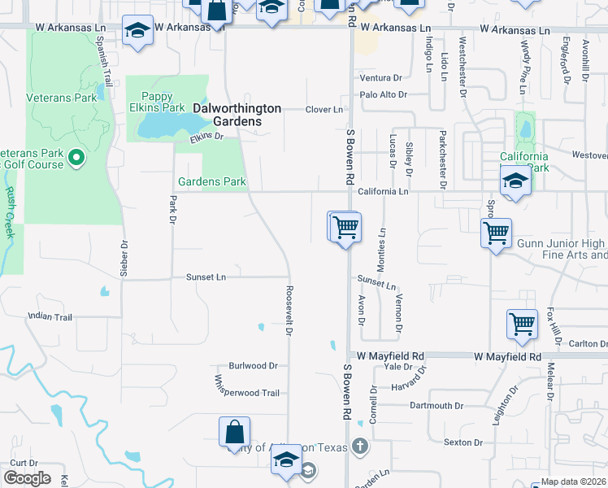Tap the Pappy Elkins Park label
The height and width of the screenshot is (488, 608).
coord(163,102)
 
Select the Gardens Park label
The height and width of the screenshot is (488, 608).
coord(211,181)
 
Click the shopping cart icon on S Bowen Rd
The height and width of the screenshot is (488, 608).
coord(345,226)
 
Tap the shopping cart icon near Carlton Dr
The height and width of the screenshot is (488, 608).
coord(522,324)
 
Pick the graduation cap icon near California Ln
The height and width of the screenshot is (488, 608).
coord(515,181)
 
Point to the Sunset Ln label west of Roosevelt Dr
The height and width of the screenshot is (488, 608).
coord(206,277)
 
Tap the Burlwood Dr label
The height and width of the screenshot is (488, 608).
coord(253,366)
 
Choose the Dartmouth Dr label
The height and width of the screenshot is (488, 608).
coord(436,405)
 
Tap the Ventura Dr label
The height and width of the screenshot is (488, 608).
coord(381,78)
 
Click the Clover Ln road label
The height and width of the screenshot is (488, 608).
coord(324,110)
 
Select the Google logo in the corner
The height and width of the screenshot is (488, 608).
coord(27,478)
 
